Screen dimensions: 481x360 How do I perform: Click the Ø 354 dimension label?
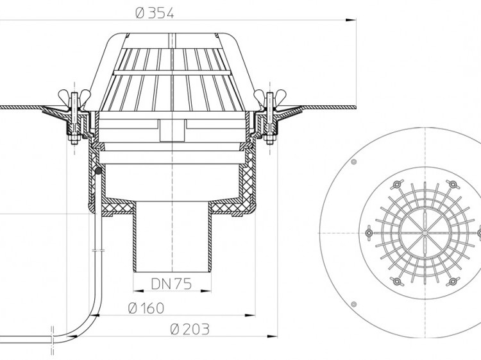[155, 13]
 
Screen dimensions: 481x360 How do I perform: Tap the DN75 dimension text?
[171, 284]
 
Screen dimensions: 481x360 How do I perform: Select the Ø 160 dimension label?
[146, 308]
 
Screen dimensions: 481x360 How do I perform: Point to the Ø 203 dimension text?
[190, 329]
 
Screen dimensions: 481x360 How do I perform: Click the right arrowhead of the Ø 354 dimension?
[351, 21]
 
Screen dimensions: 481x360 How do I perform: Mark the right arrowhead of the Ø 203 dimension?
[273, 336]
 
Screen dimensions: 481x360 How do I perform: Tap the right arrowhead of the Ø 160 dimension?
[250, 315]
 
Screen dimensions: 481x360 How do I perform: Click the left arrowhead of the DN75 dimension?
[139, 291]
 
